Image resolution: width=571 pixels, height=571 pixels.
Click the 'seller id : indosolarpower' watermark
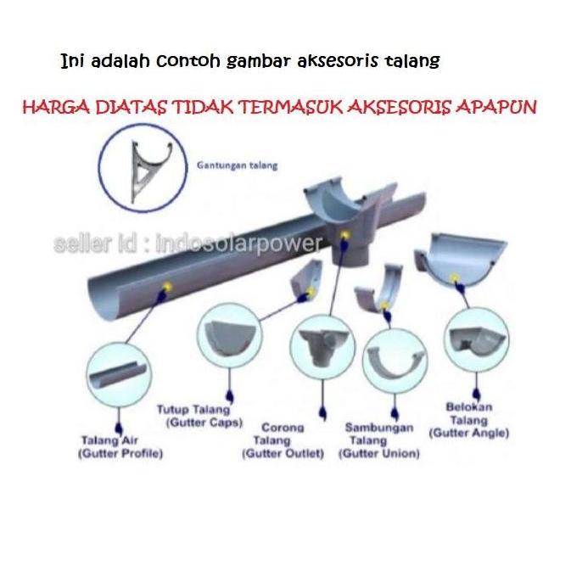[x=188, y=244]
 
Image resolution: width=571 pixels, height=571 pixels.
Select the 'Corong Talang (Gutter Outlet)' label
[x=283, y=440]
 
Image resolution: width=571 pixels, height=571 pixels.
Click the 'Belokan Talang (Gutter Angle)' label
[x=468, y=420]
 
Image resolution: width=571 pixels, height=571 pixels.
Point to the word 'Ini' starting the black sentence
[x=73, y=63]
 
